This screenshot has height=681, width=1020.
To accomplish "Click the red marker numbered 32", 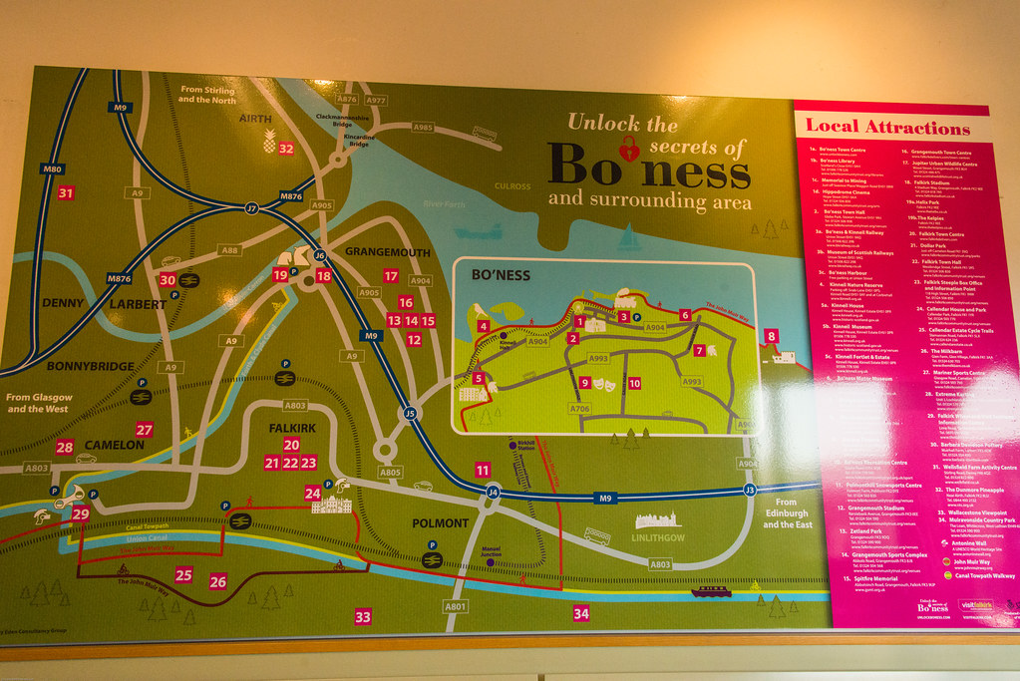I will pos(286,149).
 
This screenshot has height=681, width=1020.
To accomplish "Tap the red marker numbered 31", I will pos(66,193).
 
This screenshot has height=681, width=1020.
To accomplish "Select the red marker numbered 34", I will pos(581,613).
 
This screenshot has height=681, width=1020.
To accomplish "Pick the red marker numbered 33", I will pos(363,617).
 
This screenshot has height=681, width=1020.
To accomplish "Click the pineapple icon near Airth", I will pos(269,142).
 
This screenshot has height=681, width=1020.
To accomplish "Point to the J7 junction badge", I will pos(252,208).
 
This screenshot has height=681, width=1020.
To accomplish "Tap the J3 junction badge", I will pos(750,490).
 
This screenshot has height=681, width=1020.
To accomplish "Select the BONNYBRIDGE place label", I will pos(91,367).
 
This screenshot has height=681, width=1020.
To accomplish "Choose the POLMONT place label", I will pos(440,522).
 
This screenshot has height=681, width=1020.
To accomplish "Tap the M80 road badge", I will pos(53,170).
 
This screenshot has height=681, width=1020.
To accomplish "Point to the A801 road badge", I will pos(456,606).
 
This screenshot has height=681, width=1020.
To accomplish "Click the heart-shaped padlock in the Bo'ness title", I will pos(629,151).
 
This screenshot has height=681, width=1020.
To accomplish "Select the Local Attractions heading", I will pos(886,127).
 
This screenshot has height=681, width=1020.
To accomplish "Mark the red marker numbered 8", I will pos(771,337).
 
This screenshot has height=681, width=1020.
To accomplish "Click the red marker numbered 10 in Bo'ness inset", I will pos(634,383).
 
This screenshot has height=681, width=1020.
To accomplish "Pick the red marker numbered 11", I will pos(483,470).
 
